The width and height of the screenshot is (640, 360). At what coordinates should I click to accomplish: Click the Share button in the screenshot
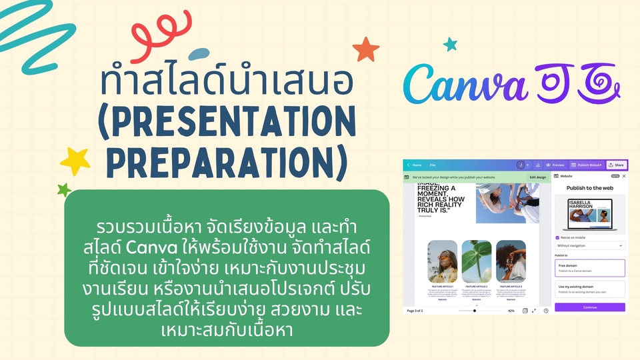[x=617, y=165]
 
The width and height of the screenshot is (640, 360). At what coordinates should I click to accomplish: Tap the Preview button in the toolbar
[x=555, y=165]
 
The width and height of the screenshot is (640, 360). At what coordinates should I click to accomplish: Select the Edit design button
[x=537, y=177]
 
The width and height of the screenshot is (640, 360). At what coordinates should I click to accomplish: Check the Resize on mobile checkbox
[x=557, y=237]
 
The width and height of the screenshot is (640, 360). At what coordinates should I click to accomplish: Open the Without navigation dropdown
[x=590, y=245]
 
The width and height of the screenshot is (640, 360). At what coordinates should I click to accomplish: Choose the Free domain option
[x=590, y=268]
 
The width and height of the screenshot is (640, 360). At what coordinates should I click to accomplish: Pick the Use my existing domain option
[x=590, y=289]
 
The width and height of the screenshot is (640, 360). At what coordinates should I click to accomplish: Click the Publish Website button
[x=586, y=165]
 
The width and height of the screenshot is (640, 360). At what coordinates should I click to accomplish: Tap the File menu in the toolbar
[x=433, y=165]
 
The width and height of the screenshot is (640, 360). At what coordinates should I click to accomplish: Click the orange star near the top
[x=365, y=49]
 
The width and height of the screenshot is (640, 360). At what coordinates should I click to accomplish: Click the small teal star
[x=451, y=44]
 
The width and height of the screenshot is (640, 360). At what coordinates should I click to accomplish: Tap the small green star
[x=64, y=190]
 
